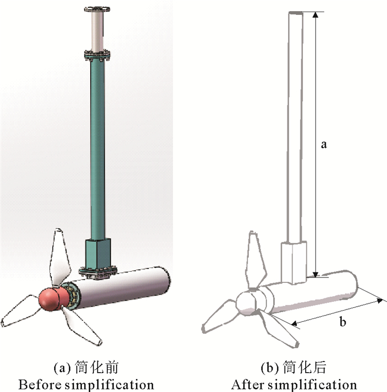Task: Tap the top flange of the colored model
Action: point(97,9)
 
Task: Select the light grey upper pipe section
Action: point(97,32)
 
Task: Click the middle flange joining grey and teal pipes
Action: point(97,55)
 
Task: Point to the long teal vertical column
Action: point(98,150)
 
